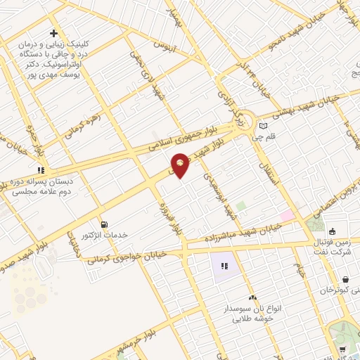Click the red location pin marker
coord(181,165)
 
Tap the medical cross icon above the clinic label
coord(53,34)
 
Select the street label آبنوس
coord(164,47)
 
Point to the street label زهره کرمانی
coord(86,124)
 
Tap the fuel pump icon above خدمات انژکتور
coord(104,224)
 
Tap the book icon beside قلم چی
coord(264,127)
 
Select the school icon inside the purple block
coord(224,266)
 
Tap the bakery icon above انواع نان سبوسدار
coord(252,298)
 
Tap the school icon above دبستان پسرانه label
coord(41,170)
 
